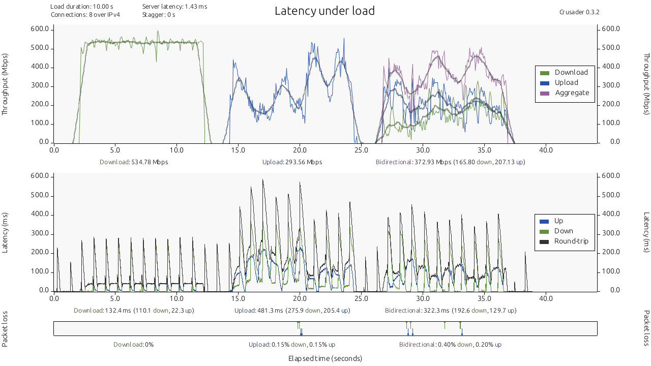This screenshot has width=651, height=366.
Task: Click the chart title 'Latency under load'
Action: (324, 11)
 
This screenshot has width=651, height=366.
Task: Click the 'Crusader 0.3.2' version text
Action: (579, 12)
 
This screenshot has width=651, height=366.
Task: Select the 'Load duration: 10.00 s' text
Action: (82, 7)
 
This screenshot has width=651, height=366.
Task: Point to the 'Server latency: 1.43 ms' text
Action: (174, 7)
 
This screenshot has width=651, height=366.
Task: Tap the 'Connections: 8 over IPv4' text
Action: (85, 15)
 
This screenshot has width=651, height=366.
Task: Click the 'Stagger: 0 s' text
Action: (159, 15)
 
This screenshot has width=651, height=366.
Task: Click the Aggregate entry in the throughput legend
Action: (572, 93)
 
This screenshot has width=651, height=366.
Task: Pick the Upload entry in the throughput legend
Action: (566, 83)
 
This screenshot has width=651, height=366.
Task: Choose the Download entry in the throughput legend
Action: (571, 73)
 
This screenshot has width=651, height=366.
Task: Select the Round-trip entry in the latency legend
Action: (571, 241)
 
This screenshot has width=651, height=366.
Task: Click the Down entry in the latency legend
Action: (564, 231)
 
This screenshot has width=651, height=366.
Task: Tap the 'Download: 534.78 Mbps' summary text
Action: (134, 162)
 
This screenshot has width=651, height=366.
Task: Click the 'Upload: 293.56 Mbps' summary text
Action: (292, 162)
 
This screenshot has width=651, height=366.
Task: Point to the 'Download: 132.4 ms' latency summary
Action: (134, 311)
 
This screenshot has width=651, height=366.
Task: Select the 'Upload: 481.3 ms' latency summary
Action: (292, 311)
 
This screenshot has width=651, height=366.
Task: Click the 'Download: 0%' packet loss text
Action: (134, 345)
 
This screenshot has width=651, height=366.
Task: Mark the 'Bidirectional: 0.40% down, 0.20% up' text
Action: (450, 345)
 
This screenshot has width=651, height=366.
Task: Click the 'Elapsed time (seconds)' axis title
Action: (325, 358)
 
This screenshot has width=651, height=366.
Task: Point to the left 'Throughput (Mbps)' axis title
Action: (6, 84)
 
